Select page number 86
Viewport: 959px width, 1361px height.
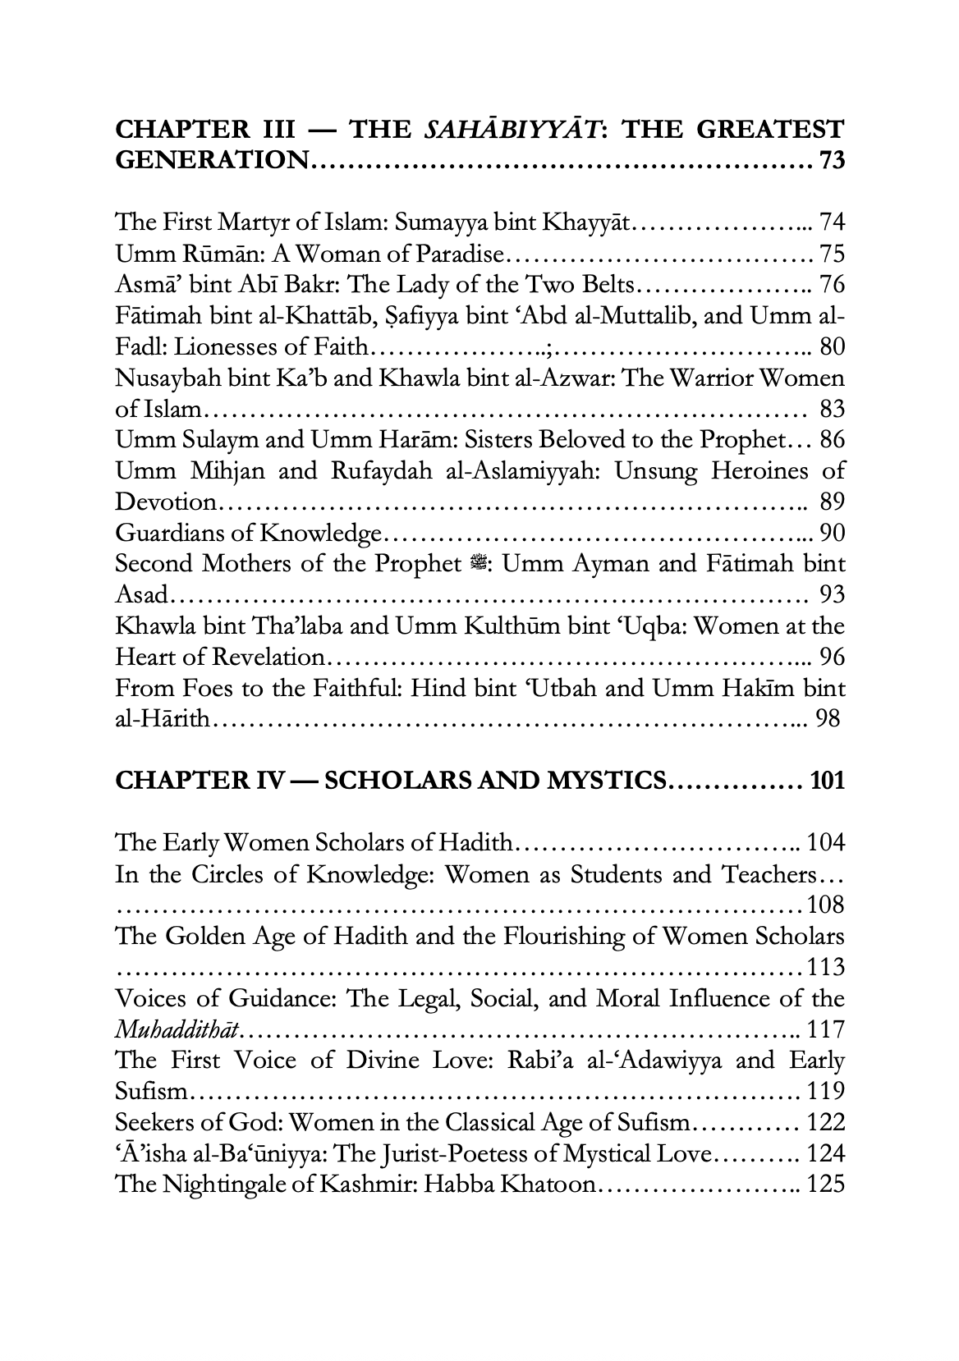pyautogui.click(x=832, y=440)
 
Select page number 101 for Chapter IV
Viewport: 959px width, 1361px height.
pyautogui.click(x=827, y=780)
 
